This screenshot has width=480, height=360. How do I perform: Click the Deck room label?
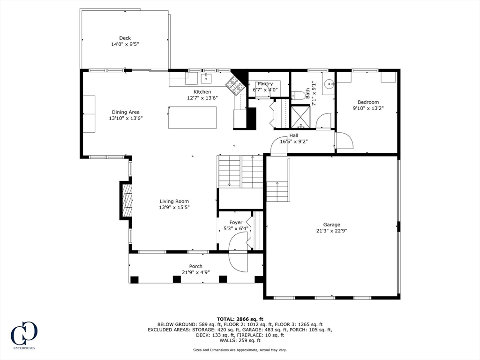tap(125, 38)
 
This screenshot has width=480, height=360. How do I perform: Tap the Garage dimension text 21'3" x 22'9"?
tap(331, 230)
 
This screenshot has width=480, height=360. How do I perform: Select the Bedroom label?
tap(368, 102)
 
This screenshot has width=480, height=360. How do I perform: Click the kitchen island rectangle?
tap(193, 117)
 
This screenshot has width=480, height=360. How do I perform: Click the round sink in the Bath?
tap(330, 84)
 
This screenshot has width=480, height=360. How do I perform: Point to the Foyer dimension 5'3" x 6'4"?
tap(236, 228)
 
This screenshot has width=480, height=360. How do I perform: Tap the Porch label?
tap(196, 266)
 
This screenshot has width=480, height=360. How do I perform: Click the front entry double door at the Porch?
tap(238, 260)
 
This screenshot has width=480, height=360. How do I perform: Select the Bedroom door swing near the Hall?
tap(344, 141)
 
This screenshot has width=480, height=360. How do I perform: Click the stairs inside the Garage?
tap(277, 191)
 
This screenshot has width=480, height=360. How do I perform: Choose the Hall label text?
tap(293, 135)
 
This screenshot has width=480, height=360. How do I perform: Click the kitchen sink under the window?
tap(207, 78)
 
